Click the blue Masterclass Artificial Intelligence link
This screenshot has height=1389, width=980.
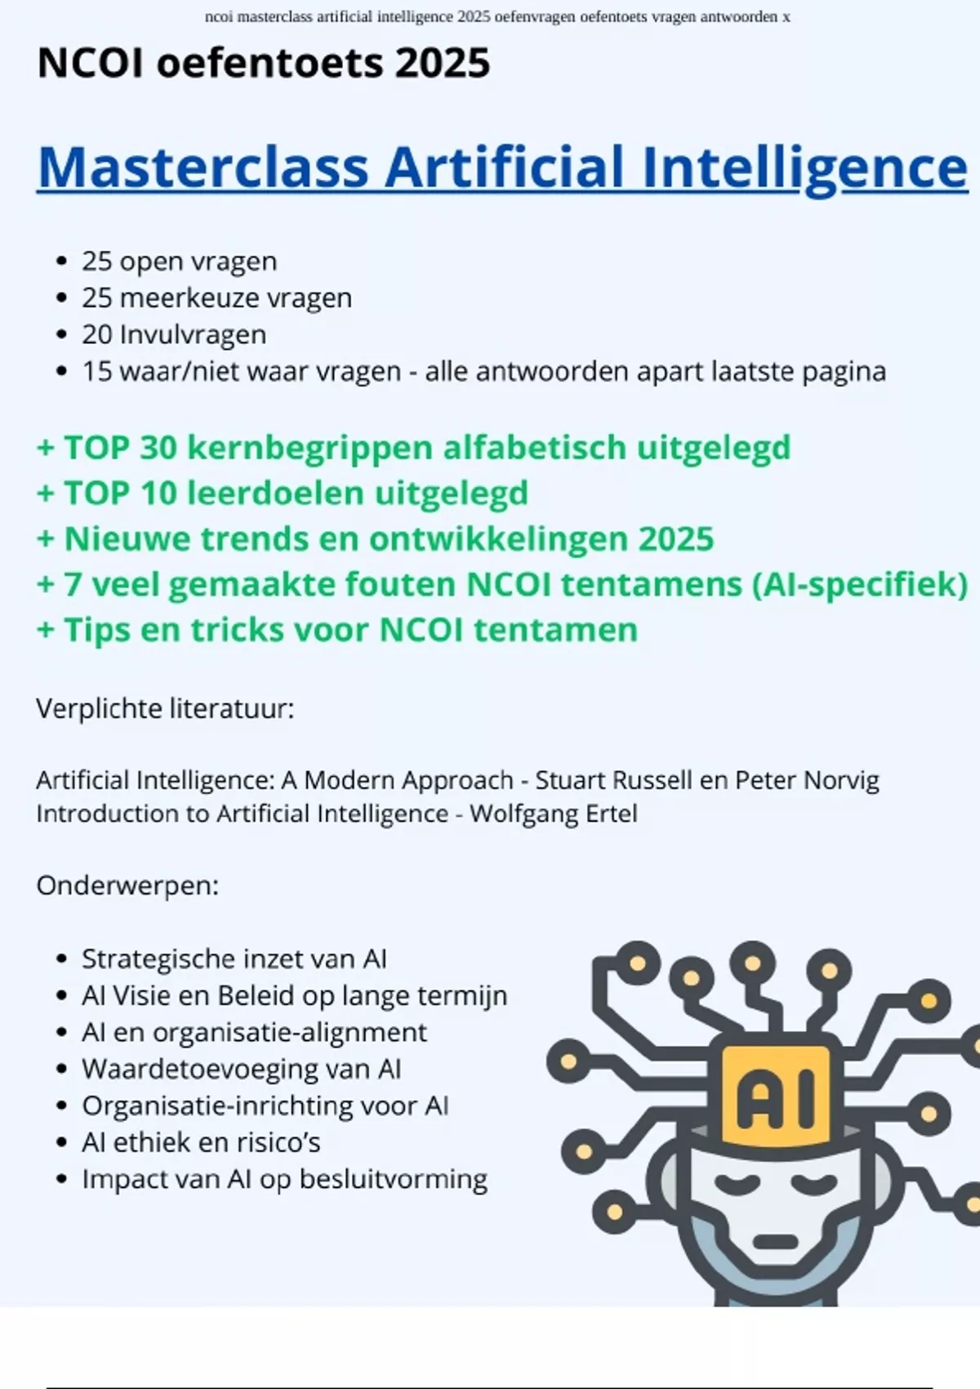[502, 167]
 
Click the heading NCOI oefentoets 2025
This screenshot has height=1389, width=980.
[264, 63]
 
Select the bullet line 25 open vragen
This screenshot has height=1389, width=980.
[179, 261]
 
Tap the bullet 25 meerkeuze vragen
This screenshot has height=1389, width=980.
[216, 298]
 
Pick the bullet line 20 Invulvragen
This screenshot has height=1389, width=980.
[173, 335]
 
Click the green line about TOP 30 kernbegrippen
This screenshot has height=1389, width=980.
[413, 448]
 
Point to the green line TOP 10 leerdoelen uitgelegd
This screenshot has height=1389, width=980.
[283, 494]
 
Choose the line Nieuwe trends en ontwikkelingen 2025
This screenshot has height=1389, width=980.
[376, 539]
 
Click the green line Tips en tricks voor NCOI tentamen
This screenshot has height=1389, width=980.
[337, 630]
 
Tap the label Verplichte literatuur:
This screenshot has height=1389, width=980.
[165, 708]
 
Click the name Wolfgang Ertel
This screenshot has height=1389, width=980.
[554, 814]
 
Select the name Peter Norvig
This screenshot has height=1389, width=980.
[807, 780]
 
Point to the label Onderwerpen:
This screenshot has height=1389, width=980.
[127, 886]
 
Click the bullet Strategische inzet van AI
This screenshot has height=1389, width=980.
[234, 958]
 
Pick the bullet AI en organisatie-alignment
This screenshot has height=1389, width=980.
[253, 1032]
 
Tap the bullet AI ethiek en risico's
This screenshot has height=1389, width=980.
[201, 1142]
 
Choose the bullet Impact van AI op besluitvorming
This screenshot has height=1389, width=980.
[284, 1179]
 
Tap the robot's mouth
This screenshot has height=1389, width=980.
[775, 1239]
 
